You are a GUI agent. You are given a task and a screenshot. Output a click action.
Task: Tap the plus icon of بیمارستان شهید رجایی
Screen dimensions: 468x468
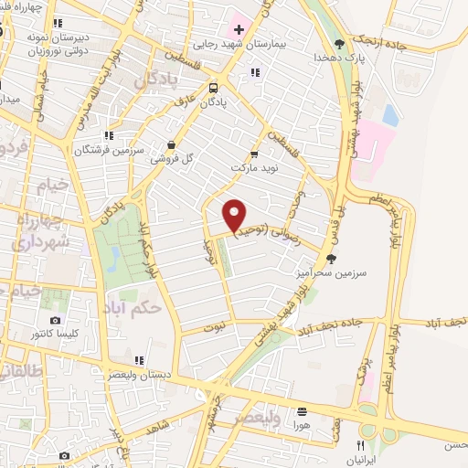coord(239,29)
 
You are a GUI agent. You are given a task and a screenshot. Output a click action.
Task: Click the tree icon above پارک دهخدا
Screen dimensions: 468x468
coord(340,42)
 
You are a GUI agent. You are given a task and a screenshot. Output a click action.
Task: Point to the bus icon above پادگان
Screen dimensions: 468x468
coord(212,88)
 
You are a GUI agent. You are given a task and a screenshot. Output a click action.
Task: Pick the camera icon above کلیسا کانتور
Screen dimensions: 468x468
coord(55,321)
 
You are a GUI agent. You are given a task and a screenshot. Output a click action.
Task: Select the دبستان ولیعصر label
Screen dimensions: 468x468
coord(136,375)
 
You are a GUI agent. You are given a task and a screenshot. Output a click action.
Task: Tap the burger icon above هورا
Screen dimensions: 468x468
coord(301,410)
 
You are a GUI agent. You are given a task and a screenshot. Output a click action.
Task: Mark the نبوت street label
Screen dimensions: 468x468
coord(214,325)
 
